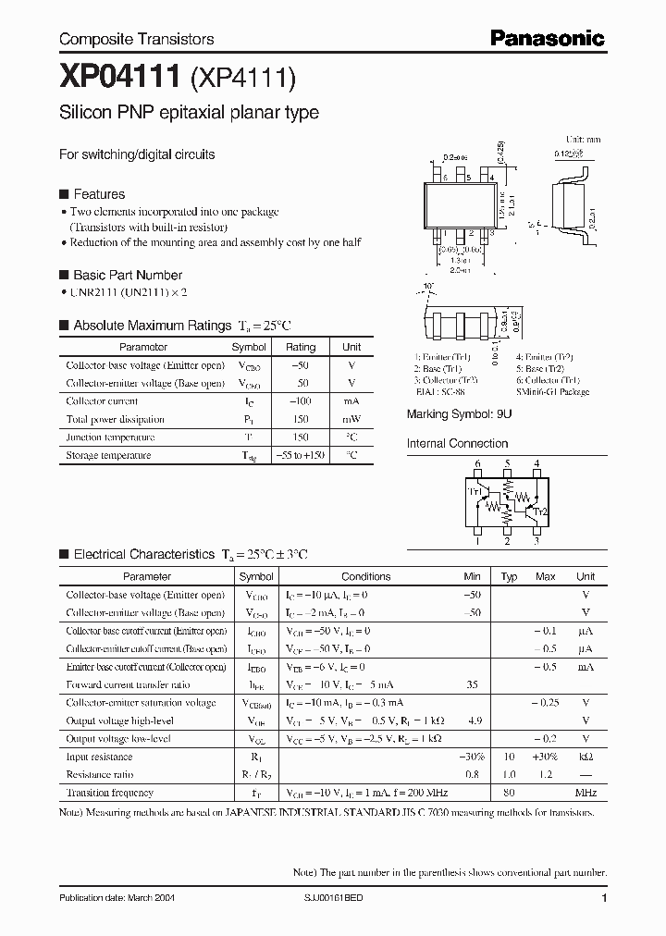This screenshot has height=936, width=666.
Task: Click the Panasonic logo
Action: tap(547, 38)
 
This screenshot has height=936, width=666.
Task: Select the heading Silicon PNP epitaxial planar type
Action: tap(189, 113)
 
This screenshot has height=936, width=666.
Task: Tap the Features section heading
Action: tap(98, 194)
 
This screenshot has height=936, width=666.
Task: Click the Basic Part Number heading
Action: tap(127, 275)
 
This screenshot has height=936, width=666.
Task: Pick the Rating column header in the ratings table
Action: tap(301, 348)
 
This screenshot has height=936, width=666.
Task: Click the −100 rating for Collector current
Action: tap(301, 401)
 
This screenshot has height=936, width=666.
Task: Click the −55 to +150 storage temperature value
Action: tap(301, 455)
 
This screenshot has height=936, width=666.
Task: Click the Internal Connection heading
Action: tap(458, 443)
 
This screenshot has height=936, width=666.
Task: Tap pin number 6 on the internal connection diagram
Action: tap(477, 464)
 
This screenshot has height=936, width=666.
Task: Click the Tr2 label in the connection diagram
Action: tap(541, 511)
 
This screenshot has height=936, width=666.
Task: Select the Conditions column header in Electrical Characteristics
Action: tap(366, 576)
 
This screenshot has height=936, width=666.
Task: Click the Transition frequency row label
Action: tap(110, 793)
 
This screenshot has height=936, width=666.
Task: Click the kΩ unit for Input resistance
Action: tap(586, 757)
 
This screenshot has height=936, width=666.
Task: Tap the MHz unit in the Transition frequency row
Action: tap(586, 793)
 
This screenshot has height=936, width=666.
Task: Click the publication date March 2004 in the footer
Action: tap(117, 898)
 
